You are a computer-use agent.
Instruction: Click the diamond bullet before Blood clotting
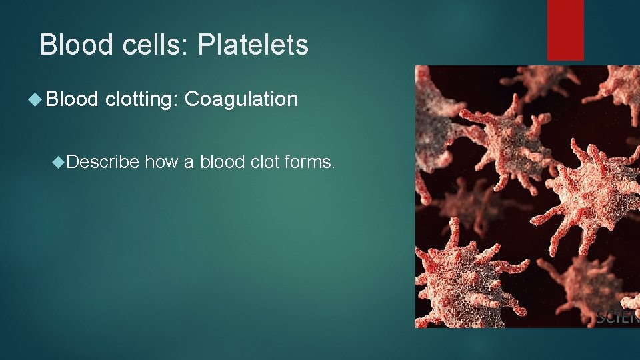click(x=35, y=100)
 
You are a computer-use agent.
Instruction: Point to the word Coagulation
click(x=241, y=100)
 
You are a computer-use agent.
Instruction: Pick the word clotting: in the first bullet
click(x=141, y=100)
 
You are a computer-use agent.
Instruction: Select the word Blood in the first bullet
click(x=73, y=100)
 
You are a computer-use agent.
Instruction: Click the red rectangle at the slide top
click(x=565, y=30)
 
